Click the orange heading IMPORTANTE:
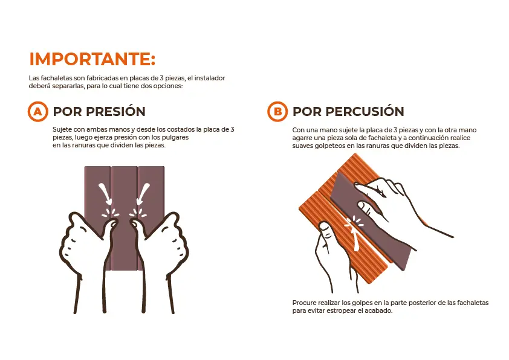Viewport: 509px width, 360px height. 92,59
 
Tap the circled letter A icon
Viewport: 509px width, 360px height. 38,111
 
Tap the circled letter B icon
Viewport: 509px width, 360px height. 277,111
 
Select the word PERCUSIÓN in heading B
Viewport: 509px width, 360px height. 365,111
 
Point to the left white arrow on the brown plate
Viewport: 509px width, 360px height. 105,194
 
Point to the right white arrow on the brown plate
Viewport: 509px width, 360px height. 143,194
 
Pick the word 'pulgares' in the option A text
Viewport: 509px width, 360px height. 176,137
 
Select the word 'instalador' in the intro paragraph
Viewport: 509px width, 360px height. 210,78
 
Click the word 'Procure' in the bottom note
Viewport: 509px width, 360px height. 305,303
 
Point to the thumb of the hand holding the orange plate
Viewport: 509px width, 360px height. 325,231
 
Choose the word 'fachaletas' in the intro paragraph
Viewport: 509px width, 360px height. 56,78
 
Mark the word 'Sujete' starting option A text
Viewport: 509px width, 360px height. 62,130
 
